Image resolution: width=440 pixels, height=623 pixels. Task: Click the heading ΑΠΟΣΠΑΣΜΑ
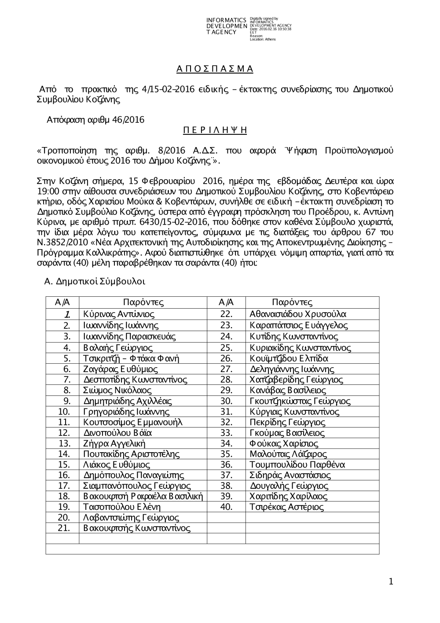point(215,69)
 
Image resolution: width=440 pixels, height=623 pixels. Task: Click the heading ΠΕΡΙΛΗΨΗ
point(215,130)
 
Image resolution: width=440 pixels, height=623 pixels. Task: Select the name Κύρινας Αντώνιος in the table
point(119,314)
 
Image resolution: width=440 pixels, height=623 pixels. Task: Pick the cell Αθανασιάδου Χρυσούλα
point(298,314)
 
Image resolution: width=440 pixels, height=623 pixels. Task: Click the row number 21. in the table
point(64,528)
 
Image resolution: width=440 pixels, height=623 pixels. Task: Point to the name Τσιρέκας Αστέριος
point(286,507)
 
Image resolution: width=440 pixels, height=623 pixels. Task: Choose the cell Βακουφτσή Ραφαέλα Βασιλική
point(143,497)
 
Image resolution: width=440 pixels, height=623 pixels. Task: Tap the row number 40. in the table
point(226,507)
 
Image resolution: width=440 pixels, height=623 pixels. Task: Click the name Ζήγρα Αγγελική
point(114,443)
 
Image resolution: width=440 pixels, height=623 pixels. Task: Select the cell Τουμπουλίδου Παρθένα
point(297,464)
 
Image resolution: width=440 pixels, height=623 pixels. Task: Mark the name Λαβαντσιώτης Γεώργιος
point(131,518)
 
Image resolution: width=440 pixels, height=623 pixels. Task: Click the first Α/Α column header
point(62,302)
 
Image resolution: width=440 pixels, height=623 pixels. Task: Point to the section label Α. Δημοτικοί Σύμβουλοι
point(95,281)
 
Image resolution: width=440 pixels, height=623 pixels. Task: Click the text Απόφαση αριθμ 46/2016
point(95,120)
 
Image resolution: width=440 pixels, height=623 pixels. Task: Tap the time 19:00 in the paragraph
point(46,192)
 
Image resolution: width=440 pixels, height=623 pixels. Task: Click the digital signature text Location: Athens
point(263,39)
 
